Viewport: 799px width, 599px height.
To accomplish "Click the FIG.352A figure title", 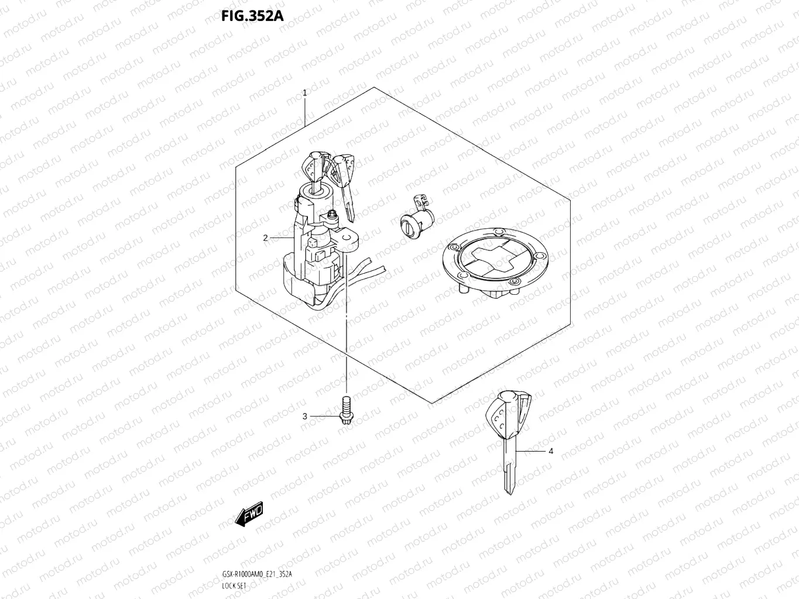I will coord(252,16).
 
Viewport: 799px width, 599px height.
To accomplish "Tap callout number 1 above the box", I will coord(304,93).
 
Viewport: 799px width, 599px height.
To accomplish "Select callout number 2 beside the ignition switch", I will coord(265,238).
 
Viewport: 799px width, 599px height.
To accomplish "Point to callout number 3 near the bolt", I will coord(304,416).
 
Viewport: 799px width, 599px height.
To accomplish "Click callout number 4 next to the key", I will coord(550,451).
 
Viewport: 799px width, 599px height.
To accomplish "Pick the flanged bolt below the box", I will coord(345,408).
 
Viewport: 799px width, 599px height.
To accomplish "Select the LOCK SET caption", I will coord(235,586).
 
